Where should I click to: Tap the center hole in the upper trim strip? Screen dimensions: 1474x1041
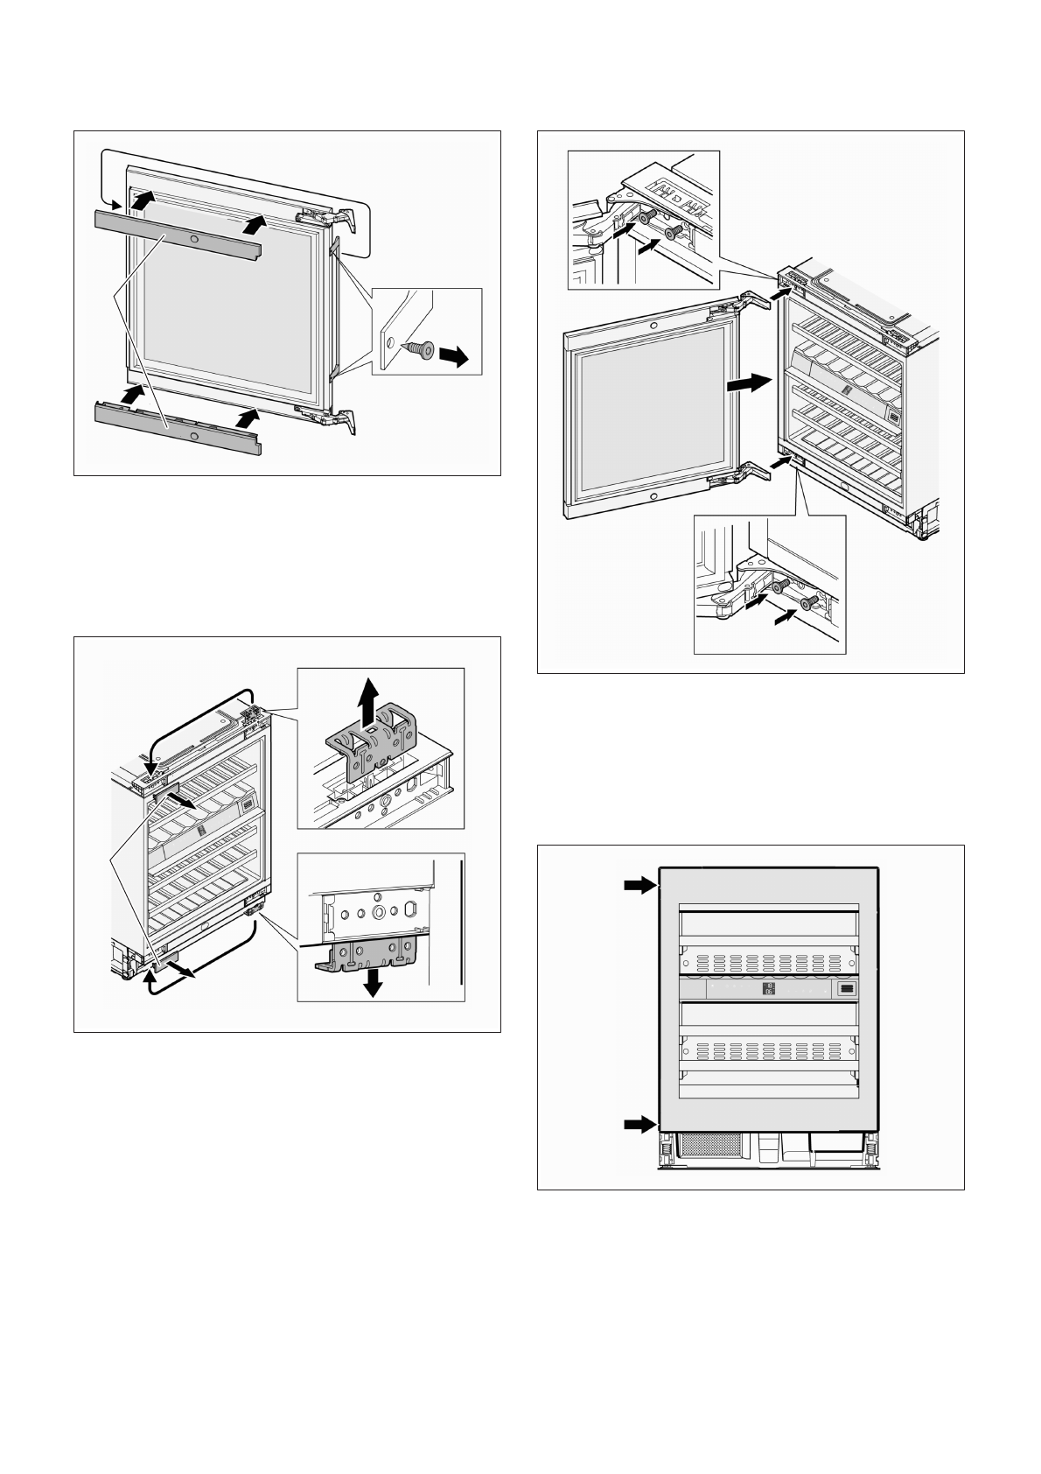(193, 239)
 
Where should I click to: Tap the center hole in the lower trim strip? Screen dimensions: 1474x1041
(193, 435)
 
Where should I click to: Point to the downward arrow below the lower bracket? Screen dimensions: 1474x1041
(374, 982)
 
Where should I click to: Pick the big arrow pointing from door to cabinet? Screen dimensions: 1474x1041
(750, 383)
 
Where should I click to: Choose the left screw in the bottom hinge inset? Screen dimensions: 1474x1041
(781, 585)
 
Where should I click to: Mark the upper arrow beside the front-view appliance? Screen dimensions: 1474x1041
(639, 887)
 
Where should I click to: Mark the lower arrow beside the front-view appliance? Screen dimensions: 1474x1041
(639, 1124)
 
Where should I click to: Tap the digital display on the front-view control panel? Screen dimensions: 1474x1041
(769, 989)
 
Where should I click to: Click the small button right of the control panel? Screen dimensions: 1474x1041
(847, 989)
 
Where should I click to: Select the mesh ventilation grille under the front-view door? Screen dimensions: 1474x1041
(707, 1148)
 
